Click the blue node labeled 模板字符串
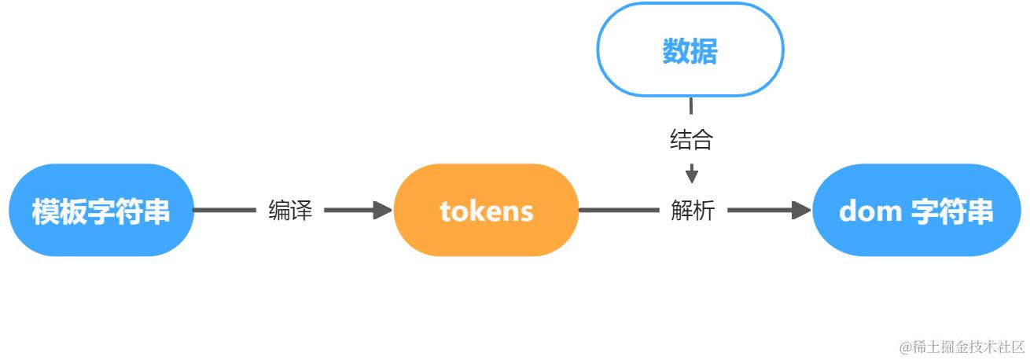tap(101, 210)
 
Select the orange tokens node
tap(486, 210)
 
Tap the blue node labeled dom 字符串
tap(915, 210)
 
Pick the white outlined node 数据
tap(690, 51)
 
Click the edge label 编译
tap(290, 210)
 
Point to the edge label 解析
tap(692, 210)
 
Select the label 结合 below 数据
tap(691, 140)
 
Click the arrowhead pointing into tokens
tap(383, 210)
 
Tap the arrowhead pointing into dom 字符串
tap(801, 210)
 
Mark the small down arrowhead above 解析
tap(691, 174)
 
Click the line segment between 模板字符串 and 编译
tap(224, 210)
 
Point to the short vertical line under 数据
tap(691, 106)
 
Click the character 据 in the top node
tap(704, 52)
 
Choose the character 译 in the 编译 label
tap(301, 210)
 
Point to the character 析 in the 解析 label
tap(703, 210)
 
